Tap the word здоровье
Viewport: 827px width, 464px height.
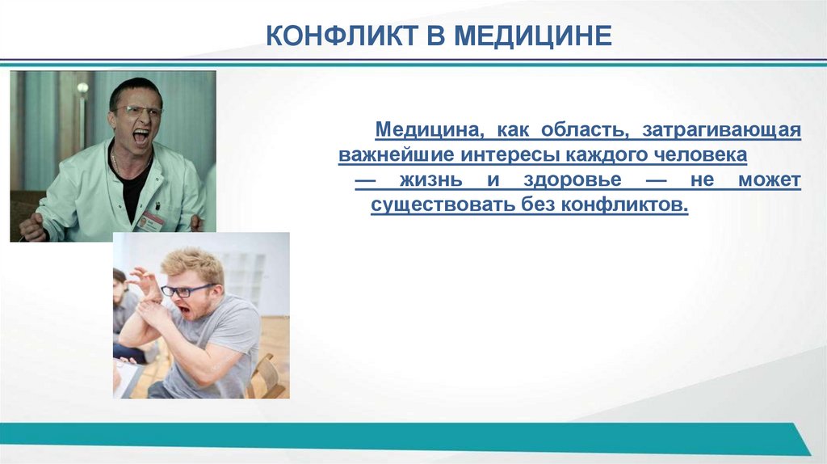566,180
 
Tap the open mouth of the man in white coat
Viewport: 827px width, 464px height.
141,136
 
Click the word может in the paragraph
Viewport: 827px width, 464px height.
770,180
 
